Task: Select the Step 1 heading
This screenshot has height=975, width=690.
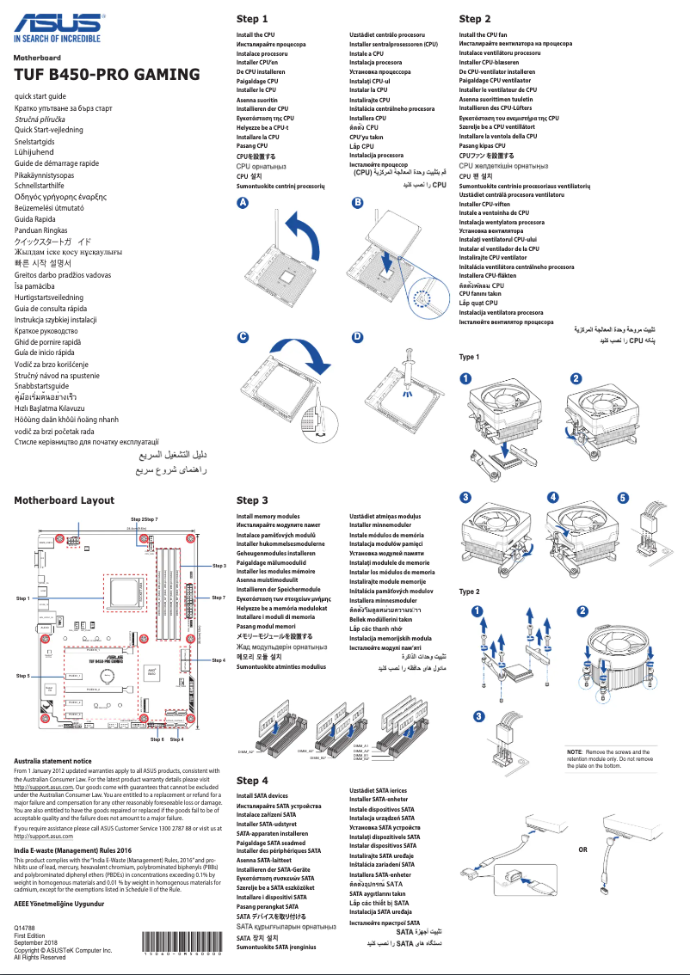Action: coord(252,18)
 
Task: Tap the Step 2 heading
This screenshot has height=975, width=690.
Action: coord(475,18)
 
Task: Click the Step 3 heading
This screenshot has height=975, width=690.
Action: coord(252,500)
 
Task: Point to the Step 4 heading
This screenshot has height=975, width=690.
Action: coord(252,780)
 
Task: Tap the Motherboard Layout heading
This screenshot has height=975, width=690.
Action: coord(64,500)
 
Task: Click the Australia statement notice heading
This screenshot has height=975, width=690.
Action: coord(52,761)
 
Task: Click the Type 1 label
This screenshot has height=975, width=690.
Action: coord(470,357)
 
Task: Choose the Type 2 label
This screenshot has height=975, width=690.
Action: coord(470,592)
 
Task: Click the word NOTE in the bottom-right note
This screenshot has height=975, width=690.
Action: coord(575,752)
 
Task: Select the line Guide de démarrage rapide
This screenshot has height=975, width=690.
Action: coord(57,162)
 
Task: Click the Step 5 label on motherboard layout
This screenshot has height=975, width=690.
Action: coord(22,677)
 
